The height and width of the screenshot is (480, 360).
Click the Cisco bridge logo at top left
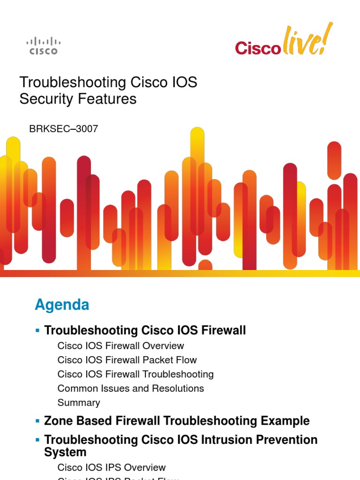click(43, 46)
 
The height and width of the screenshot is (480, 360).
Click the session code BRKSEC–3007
click(64, 128)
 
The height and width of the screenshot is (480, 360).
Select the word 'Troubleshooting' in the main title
click(66, 82)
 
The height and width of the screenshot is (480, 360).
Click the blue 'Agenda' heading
click(62, 305)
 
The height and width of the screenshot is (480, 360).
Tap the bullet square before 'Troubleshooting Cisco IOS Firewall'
click(37, 331)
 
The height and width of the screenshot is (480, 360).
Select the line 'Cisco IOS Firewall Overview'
click(120, 346)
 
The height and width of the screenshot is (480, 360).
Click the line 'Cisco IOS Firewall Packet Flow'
click(127, 360)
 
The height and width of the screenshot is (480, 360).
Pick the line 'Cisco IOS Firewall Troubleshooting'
click(135, 374)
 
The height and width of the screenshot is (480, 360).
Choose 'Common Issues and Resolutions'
click(130, 388)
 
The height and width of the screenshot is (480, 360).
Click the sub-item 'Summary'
click(78, 402)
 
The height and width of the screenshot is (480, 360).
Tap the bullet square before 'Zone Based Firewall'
click(37, 421)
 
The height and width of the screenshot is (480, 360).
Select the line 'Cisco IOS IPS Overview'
click(112, 467)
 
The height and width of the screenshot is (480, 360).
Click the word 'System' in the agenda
click(65, 452)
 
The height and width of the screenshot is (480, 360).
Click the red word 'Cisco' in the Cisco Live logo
click(257, 48)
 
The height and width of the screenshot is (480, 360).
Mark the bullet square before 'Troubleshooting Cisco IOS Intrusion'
click(37, 441)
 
